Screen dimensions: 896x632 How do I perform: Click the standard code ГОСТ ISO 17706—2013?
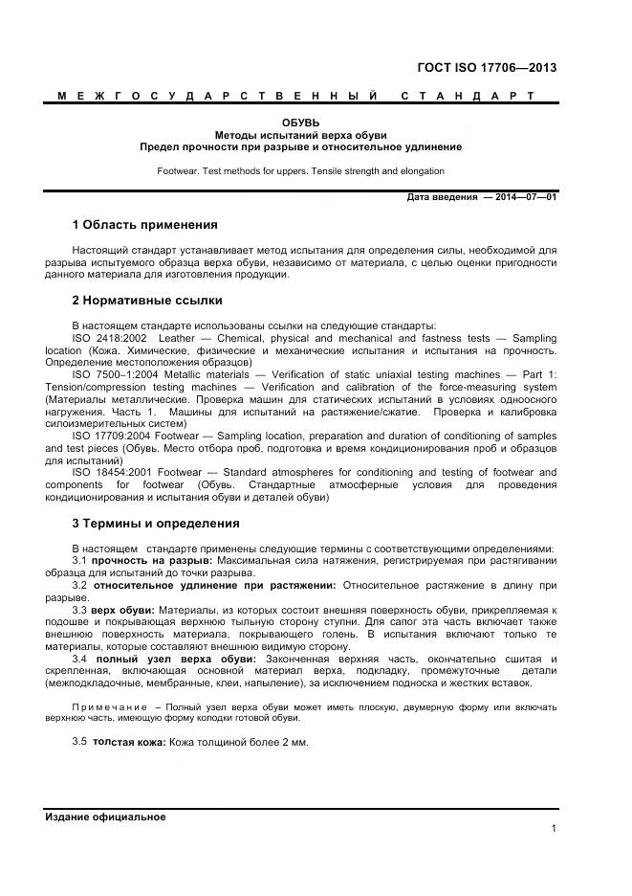click(x=487, y=67)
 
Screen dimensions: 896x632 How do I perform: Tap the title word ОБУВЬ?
click(x=300, y=123)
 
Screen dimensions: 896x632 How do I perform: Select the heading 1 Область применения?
click(x=144, y=225)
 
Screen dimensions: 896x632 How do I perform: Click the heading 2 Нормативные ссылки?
click(x=147, y=300)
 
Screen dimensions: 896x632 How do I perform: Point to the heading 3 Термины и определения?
click(x=156, y=524)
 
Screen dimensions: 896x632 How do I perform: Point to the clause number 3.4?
click(x=80, y=659)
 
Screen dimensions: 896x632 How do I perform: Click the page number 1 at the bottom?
click(x=554, y=829)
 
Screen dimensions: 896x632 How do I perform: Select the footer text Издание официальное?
click(x=105, y=817)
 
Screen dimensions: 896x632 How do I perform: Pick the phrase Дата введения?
click(x=442, y=197)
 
